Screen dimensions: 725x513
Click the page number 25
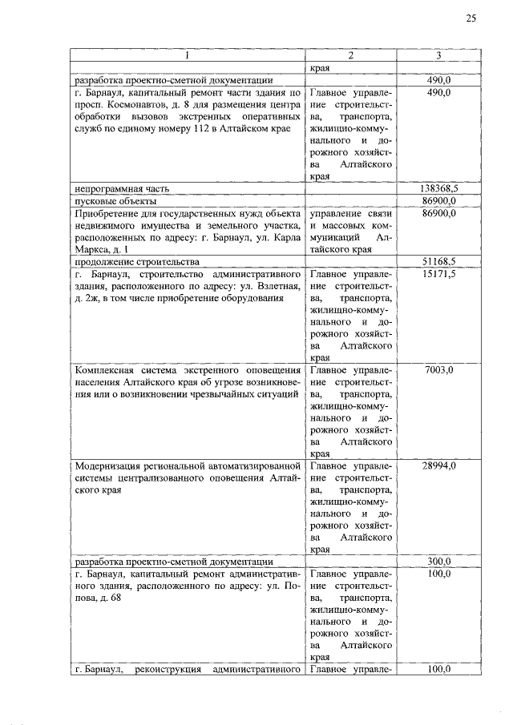tap(471, 18)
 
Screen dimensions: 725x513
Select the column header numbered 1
tap(188, 55)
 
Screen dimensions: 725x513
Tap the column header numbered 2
tap(351, 55)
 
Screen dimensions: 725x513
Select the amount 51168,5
tap(438, 261)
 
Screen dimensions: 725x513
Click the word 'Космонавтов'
tap(137, 106)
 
